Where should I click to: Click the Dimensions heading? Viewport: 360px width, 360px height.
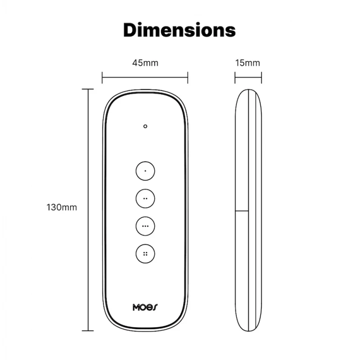click(180, 30)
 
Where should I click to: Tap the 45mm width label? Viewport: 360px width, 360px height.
click(145, 63)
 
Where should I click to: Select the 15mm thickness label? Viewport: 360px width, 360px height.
click(247, 63)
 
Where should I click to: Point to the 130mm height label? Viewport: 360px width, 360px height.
click(62, 207)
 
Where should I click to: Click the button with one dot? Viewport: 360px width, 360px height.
click(145, 171)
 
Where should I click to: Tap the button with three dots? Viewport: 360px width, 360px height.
click(145, 225)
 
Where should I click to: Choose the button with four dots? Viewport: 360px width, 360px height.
click(145, 253)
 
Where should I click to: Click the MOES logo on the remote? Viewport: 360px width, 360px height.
click(145, 307)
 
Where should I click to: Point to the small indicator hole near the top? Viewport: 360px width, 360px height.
click(145, 126)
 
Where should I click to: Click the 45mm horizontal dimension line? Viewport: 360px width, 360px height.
click(145, 77)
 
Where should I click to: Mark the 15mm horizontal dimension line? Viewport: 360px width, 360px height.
click(248, 77)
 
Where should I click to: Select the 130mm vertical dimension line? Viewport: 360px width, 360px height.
click(88, 210)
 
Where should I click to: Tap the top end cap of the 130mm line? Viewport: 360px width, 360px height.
click(88, 90)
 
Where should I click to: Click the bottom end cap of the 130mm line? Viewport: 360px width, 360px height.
click(88, 330)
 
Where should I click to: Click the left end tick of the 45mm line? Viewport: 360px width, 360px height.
click(103, 77)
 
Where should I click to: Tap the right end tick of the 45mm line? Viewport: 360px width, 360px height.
click(188, 77)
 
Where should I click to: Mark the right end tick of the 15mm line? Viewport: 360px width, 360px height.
click(261, 77)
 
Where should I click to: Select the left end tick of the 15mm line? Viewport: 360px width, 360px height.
click(235, 77)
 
